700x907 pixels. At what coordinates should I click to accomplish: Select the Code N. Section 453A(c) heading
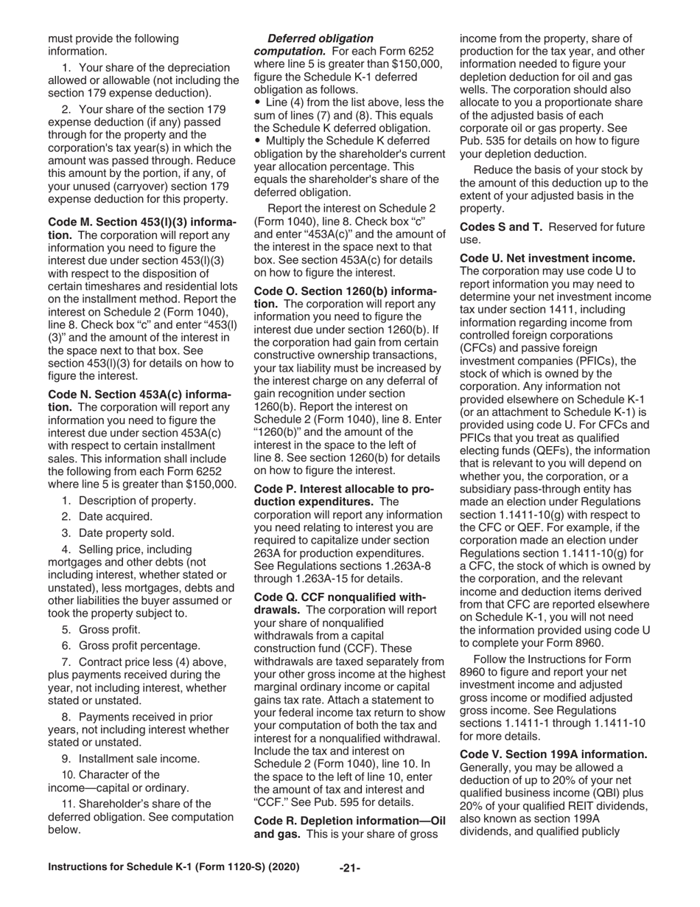[x=140, y=395]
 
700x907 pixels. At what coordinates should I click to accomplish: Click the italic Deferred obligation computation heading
[x=320, y=38]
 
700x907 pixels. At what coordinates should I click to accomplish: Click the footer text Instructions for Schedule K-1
[x=173, y=867]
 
